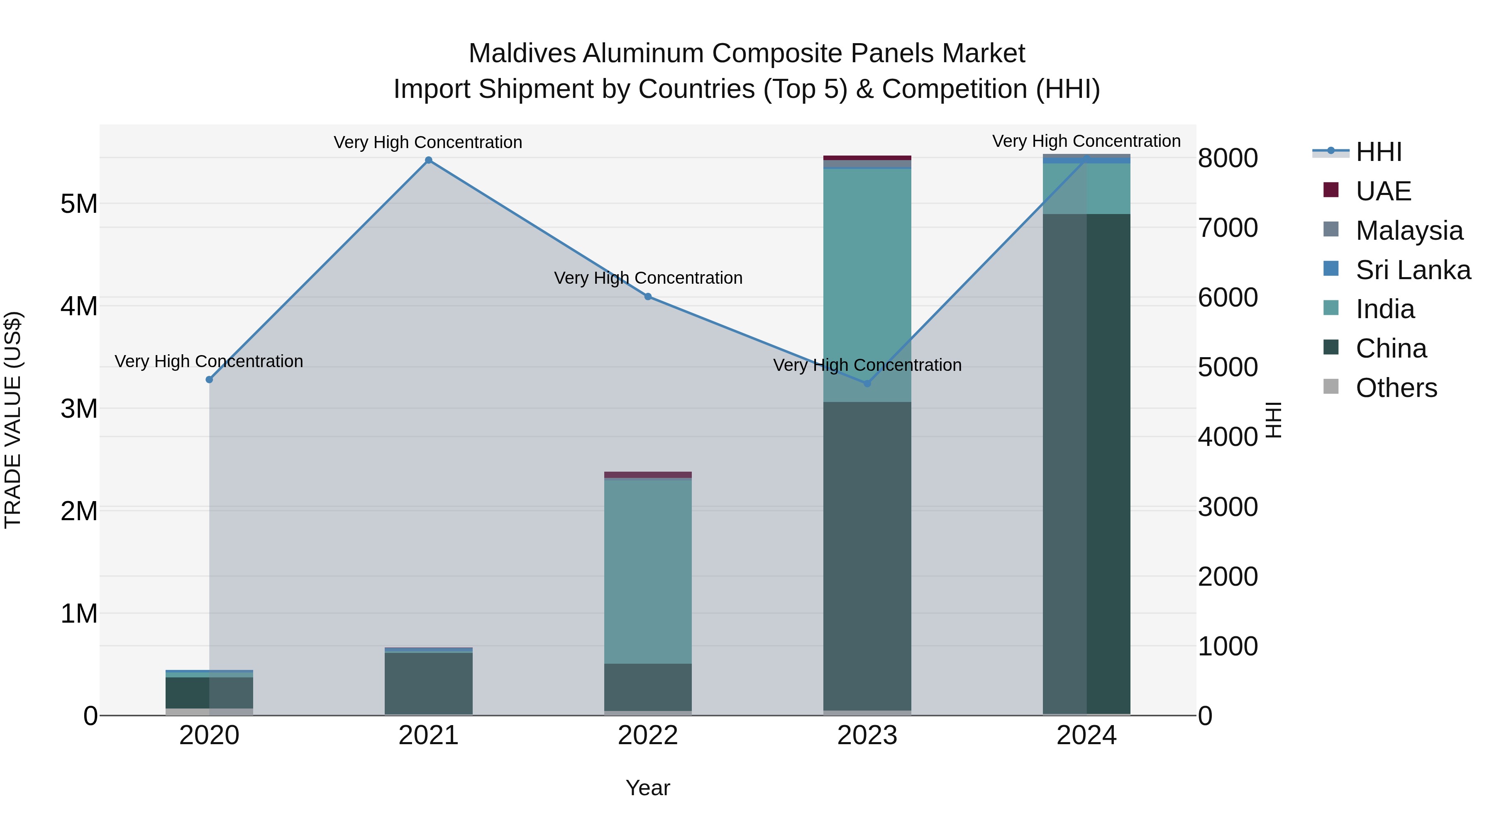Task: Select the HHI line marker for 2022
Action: [648, 296]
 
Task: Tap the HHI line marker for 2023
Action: [867, 383]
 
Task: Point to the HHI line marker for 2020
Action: [210, 380]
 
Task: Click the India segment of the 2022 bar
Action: [648, 571]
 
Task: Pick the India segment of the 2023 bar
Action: [867, 284]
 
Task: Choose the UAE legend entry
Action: [1383, 191]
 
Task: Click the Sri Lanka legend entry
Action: [1413, 270]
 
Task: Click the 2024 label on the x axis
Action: [1086, 735]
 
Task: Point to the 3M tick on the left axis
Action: [79, 409]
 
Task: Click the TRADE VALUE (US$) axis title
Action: [13, 420]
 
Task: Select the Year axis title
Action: [648, 788]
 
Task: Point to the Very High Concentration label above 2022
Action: [648, 278]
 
